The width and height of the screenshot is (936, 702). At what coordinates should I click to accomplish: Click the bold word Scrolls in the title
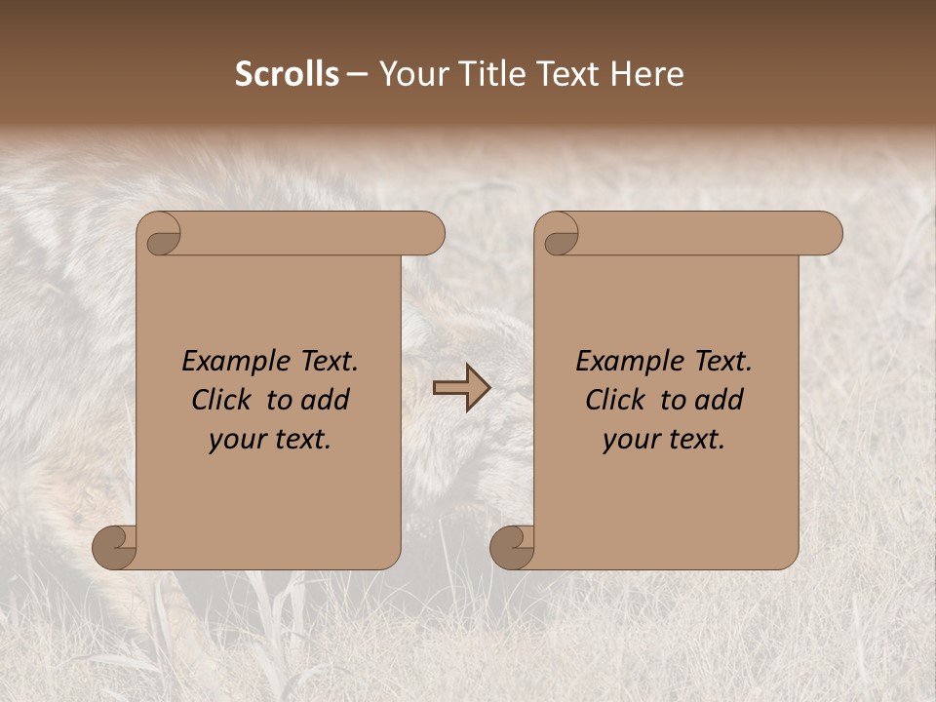288,74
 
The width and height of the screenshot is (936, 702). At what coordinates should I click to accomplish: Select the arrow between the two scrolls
462,388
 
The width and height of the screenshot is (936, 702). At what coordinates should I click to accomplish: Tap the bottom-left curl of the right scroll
512,546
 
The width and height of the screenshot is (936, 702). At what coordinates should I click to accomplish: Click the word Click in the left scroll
223,400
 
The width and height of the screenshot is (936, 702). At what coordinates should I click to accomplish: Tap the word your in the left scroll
238,440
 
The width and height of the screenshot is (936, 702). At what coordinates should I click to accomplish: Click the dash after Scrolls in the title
358,75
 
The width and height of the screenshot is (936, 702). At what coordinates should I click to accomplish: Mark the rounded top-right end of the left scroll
429,234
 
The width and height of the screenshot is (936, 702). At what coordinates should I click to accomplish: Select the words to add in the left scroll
308,400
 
